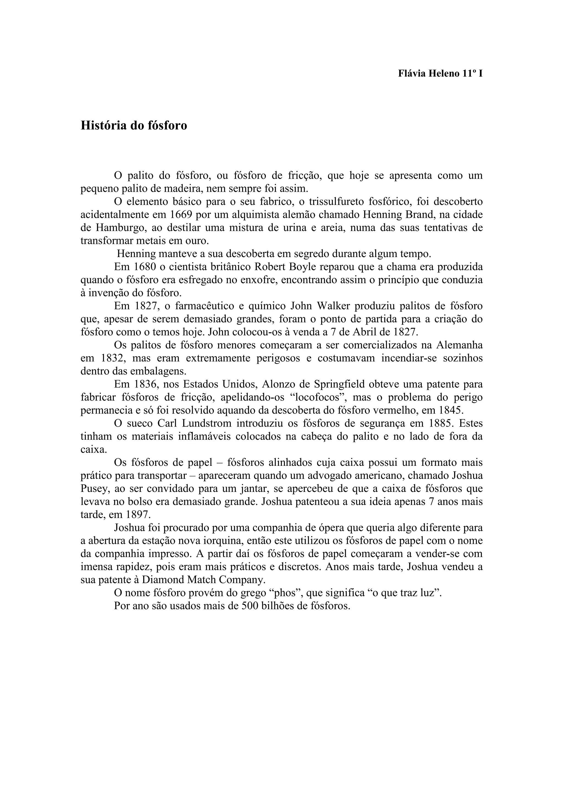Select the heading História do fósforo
134,126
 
